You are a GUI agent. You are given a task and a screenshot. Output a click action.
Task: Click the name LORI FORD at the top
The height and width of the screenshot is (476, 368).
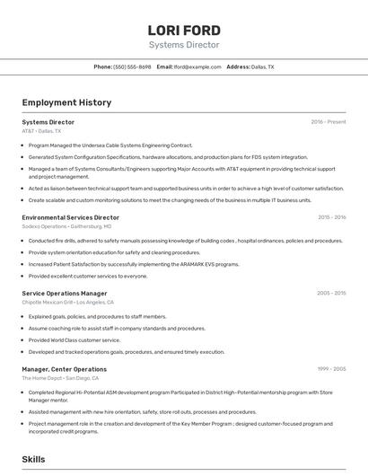click(184, 30)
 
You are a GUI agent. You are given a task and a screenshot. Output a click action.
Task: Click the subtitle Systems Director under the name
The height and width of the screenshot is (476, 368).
click(184, 45)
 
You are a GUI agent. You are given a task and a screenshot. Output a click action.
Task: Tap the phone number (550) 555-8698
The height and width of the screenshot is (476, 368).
click(132, 66)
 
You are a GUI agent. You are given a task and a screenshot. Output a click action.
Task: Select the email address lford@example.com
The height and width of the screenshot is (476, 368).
click(197, 66)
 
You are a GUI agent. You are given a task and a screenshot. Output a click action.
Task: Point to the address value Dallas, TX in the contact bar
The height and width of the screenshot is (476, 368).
click(263, 66)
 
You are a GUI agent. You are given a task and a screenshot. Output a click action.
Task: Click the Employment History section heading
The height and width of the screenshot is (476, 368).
click(66, 102)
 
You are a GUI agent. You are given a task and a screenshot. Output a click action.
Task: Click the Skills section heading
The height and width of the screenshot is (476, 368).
click(33, 459)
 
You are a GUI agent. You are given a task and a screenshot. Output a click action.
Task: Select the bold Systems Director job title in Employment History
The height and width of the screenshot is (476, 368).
click(48, 122)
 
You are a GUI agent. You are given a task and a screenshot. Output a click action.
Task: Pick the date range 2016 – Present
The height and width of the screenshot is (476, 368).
click(329, 122)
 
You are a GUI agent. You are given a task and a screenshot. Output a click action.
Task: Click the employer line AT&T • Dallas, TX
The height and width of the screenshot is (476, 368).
click(42, 131)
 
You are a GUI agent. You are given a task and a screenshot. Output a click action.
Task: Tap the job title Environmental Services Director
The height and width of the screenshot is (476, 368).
click(71, 217)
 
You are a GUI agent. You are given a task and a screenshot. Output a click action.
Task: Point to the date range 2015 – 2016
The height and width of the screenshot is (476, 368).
click(331, 217)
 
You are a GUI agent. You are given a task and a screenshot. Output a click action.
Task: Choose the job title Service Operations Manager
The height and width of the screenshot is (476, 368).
click(65, 294)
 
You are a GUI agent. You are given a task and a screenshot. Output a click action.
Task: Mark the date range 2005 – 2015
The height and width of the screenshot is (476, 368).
click(331, 294)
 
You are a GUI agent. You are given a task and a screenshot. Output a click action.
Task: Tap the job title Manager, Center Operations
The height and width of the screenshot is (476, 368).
click(65, 369)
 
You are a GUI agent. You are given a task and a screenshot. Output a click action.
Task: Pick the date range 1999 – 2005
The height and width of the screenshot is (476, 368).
click(331, 369)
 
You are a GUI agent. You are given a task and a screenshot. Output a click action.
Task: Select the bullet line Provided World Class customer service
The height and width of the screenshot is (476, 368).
click(74, 340)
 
